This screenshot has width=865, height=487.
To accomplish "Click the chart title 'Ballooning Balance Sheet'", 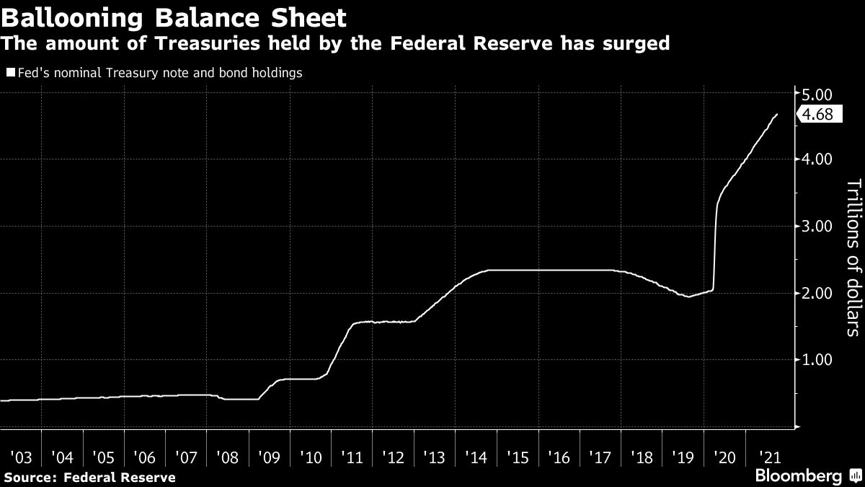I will pyautogui.click(x=174, y=17).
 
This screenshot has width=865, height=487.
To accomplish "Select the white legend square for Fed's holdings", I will pyautogui.click(x=10, y=73).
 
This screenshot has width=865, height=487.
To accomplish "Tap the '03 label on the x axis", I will pyautogui.click(x=22, y=457).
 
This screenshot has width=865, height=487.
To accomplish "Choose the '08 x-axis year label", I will pyautogui.click(x=228, y=457).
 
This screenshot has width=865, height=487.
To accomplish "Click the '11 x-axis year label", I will pyautogui.click(x=352, y=457).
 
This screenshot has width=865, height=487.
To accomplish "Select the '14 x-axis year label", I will pyautogui.click(x=476, y=457).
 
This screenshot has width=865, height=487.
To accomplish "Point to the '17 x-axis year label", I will pyautogui.click(x=600, y=457).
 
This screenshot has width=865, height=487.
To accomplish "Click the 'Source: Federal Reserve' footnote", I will pyautogui.click(x=89, y=477).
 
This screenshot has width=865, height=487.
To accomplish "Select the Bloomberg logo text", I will pyautogui.click(x=798, y=476).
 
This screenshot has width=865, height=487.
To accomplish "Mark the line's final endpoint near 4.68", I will pyautogui.click(x=776, y=114).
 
